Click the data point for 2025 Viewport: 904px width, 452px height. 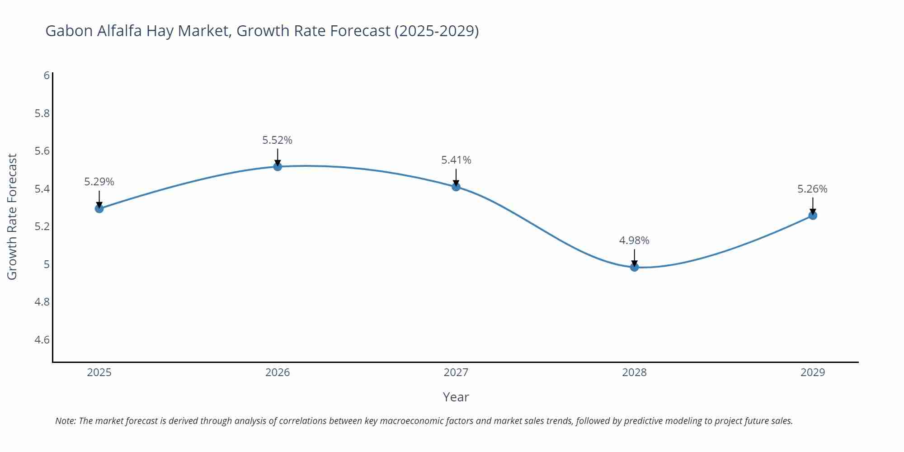pos(99,208)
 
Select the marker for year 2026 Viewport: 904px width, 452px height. pos(278,166)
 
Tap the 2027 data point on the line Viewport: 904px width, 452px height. pos(456,186)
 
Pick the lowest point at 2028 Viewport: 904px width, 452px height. pos(634,267)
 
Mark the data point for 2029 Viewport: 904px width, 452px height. pos(813,215)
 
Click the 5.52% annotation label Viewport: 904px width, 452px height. pos(278,140)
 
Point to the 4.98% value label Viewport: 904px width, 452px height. pos(634,240)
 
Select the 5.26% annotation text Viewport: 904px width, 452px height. pos(812,189)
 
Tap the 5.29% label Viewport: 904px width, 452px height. pos(99,182)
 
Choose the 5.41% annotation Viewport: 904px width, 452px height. pos(456,160)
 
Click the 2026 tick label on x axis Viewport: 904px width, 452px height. pos(278,372)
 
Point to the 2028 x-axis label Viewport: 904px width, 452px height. pos(634,372)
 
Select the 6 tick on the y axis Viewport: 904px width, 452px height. pos(47,75)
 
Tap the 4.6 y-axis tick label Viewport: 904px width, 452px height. pos(42,339)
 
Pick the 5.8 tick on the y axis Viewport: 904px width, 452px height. pos(42,113)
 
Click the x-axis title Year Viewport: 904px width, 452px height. pos(456,397)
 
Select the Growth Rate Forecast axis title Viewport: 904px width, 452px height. pos(12,217)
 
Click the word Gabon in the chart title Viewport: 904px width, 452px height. pos(69,31)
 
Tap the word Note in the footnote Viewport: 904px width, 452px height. pos(65,421)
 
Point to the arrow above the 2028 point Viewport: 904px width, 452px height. pos(634,257)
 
